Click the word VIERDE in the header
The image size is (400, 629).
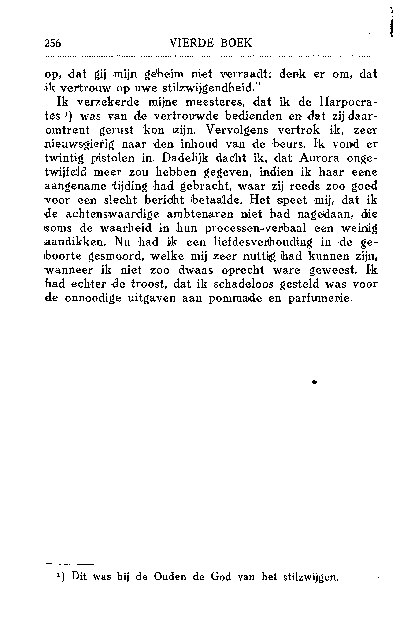coord(192,43)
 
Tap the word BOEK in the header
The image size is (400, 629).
coord(236,43)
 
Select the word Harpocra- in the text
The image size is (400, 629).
coord(348,102)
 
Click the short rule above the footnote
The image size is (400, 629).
coord(70,564)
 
